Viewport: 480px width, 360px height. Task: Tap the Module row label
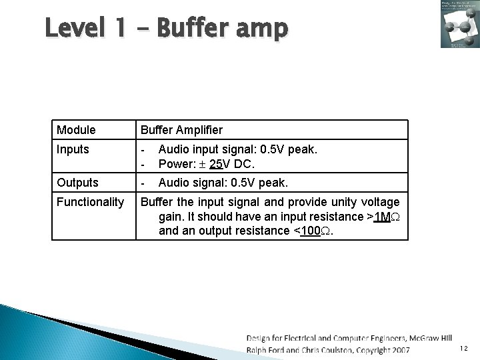coord(76,130)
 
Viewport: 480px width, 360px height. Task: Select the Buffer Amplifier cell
coord(180,130)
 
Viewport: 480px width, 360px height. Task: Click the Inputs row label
coord(73,149)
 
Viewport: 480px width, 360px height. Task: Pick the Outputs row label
coord(77,183)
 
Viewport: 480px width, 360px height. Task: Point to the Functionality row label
coord(90,202)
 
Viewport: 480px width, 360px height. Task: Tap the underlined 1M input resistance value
coord(381,217)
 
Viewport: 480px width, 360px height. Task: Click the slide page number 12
coord(463,349)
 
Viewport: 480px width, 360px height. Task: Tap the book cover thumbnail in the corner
coord(459,25)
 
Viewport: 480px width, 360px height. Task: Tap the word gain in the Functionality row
coord(171,217)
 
